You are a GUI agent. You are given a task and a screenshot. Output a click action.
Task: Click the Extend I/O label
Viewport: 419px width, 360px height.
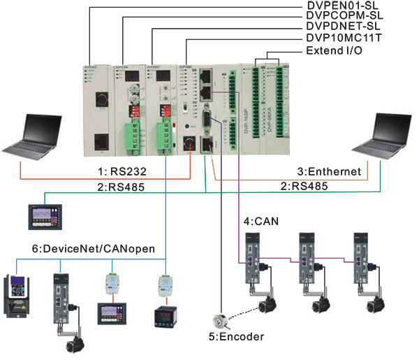point(337,52)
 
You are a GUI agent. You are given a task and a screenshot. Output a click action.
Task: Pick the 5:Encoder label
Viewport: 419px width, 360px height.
point(237,337)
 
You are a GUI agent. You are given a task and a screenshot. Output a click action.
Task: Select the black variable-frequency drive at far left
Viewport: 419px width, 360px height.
point(20,297)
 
